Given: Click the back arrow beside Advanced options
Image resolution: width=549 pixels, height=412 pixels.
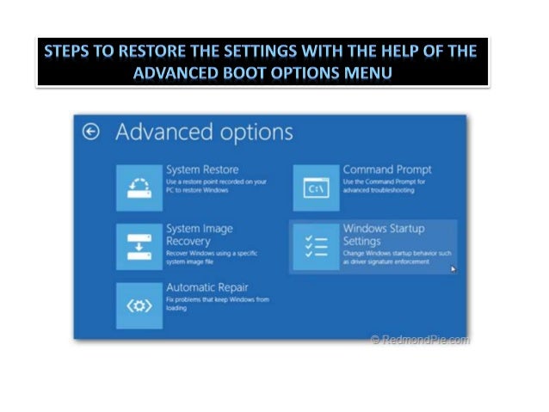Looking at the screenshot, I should tap(91, 132).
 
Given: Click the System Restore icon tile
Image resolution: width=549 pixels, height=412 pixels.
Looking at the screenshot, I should tap(139, 187).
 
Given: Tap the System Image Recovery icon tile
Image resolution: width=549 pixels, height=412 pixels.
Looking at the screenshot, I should tap(139, 246).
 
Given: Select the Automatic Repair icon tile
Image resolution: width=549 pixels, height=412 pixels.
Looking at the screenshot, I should tap(139, 304).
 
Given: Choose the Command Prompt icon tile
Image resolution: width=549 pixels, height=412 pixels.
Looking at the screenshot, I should tap(316, 187).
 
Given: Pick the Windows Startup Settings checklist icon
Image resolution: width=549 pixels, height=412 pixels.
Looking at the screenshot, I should tap(316, 246).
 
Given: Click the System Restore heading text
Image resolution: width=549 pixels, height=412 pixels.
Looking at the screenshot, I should tap(202, 169).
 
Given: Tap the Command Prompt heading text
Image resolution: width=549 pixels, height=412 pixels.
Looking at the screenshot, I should tap(387, 169).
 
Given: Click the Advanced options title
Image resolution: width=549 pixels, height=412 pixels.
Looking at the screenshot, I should tap(204, 132).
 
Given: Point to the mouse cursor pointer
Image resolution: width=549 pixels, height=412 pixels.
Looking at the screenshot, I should tap(453, 268).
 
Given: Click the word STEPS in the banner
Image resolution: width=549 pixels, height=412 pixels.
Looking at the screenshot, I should tap(70, 52).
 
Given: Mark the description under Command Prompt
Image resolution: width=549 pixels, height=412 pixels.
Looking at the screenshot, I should tap(379, 186).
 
